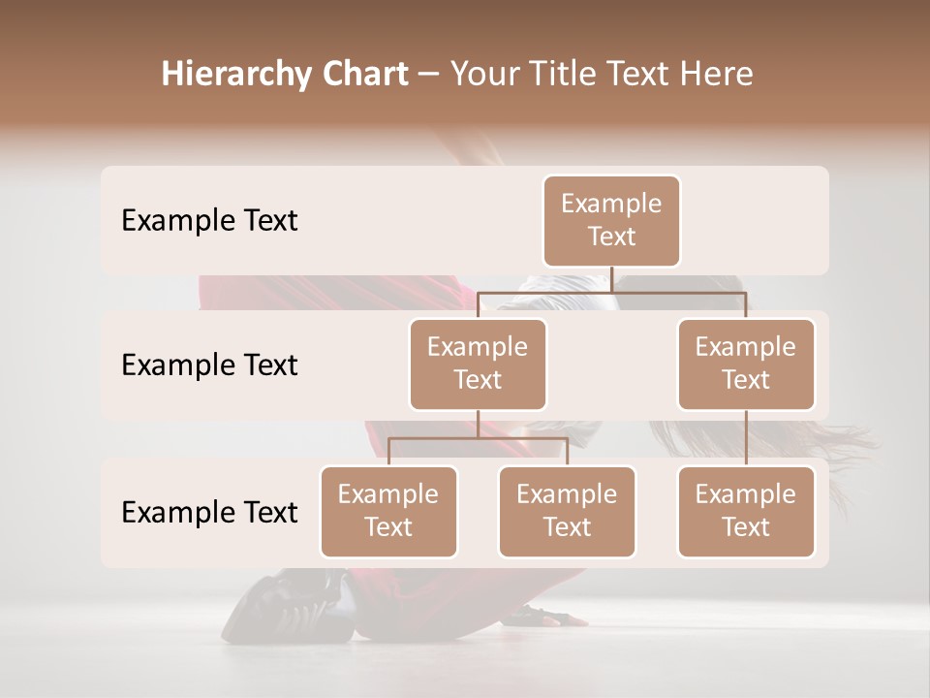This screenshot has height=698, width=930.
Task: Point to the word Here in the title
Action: [718, 75]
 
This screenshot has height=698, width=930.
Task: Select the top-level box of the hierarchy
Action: [611, 220]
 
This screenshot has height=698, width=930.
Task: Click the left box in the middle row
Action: [478, 364]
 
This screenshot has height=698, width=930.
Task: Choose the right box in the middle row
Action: [746, 364]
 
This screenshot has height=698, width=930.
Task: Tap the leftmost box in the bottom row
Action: [388, 511]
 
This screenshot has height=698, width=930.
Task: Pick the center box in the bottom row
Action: [567, 511]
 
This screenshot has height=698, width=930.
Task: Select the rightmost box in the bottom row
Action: [746, 511]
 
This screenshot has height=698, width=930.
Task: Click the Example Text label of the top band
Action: [209, 220]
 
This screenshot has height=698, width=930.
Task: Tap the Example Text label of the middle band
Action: [209, 365]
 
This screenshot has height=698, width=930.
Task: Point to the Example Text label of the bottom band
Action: [209, 512]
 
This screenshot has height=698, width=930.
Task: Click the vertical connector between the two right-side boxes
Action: [746, 437]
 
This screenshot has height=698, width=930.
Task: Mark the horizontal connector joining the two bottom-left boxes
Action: [478, 438]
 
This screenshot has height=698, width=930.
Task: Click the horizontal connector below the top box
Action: [611, 291]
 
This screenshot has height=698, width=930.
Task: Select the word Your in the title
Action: [484, 75]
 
